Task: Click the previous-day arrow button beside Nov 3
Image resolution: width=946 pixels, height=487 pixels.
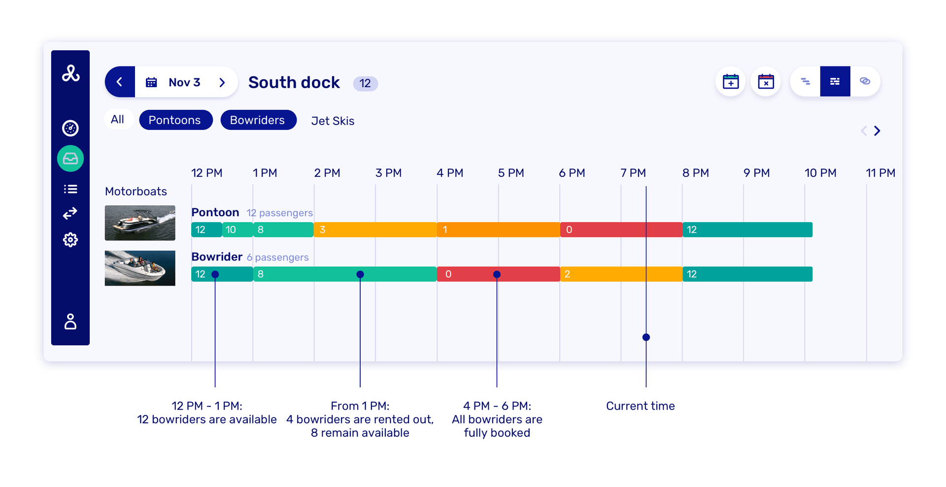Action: click(120, 82)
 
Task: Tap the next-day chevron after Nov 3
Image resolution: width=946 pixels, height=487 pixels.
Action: click(222, 82)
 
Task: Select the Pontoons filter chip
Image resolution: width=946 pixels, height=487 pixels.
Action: click(175, 120)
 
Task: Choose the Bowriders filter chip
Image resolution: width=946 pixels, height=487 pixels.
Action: click(258, 120)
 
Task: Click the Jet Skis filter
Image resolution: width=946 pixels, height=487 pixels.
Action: click(333, 121)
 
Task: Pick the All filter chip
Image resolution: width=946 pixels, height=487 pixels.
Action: click(118, 120)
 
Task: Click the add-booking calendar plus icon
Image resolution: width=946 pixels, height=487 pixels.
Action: click(730, 82)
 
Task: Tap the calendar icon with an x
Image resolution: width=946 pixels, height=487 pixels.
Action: click(766, 82)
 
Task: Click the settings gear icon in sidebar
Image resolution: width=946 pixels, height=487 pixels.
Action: click(70, 240)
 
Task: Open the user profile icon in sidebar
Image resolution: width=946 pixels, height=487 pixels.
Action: click(70, 322)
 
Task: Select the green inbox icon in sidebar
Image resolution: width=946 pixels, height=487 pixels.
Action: click(70, 159)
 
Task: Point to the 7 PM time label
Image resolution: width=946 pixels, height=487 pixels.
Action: click(633, 173)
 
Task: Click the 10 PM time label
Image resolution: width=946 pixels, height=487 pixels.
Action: click(820, 173)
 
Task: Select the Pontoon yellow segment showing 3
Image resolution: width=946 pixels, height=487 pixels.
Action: click(375, 230)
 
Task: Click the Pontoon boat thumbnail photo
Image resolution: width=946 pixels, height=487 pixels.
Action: click(140, 223)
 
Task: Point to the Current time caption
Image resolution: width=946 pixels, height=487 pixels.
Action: click(640, 406)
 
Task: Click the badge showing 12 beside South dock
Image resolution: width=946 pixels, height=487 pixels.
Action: click(365, 84)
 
